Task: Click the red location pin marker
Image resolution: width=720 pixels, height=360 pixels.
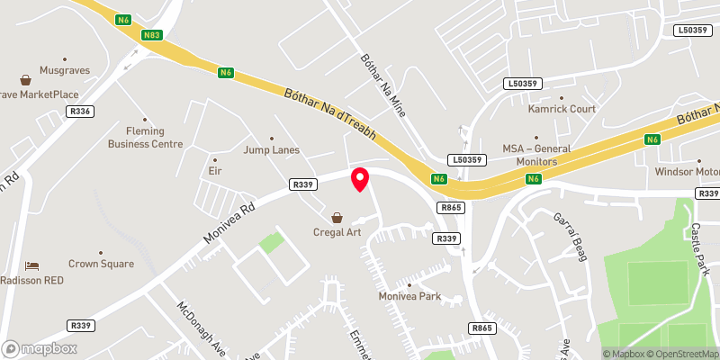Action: tap(360, 178)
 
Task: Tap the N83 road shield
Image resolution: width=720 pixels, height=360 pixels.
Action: tap(151, 35)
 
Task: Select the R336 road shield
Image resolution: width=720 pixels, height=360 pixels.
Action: tap(79, 112)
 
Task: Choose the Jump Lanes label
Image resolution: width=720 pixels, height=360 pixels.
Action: tap(271, 150)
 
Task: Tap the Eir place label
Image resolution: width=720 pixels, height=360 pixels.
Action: tap(214, 170)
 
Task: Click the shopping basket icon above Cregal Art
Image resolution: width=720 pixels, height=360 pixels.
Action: tap(337, 218)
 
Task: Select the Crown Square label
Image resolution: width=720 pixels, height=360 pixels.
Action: tap(101, 264)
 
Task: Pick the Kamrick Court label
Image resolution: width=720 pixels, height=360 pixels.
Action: tap(562, 109)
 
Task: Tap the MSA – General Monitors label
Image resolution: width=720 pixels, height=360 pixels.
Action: tap(542, 155)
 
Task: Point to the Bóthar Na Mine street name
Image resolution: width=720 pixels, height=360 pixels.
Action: tap(384, 87)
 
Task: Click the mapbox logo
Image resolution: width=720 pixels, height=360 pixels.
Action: tap(40, 348)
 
